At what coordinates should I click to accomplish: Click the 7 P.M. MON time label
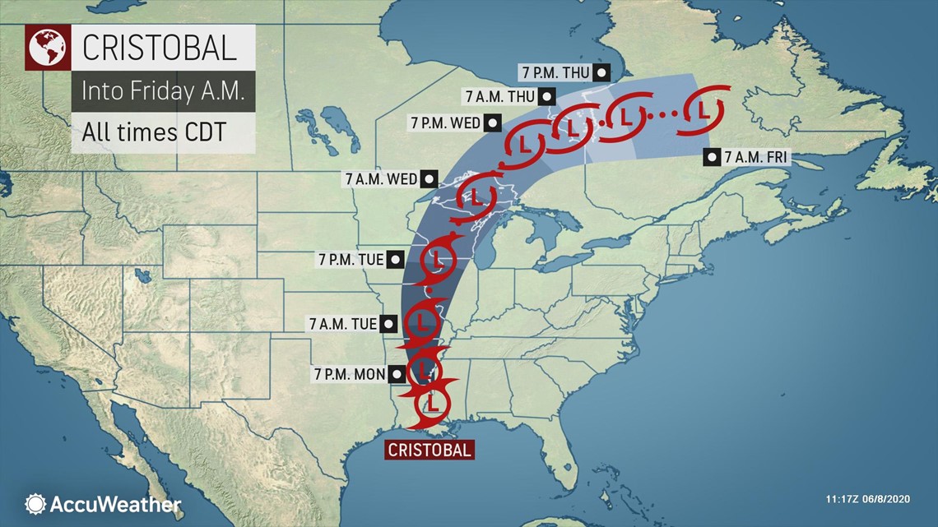click(351, 374)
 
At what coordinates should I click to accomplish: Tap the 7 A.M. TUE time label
click(342, 324)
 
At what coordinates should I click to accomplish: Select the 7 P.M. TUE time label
click(351, 259)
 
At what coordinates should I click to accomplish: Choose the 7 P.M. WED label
click(446, 123)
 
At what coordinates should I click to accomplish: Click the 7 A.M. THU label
click(500, 96)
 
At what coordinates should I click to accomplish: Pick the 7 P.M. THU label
click(555, 72)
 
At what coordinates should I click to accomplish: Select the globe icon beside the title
click(48, 49)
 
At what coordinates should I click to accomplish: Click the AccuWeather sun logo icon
click(35, 504)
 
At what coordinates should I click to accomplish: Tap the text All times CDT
click(153, 132)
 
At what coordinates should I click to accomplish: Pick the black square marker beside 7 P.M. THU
click(601, 72)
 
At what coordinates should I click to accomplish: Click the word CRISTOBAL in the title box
click(159, 48)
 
